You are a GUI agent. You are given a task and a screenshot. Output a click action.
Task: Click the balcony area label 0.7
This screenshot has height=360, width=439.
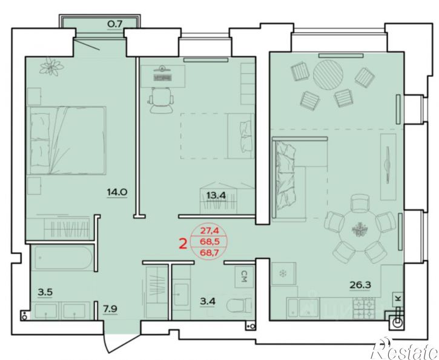point(115,24)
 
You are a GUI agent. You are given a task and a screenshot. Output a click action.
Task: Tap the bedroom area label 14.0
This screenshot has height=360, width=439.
point(117,192)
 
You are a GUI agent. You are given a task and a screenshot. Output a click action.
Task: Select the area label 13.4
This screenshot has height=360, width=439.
point(216,195)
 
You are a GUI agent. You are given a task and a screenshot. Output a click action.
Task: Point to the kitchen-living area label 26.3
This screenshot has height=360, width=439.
point(360,285)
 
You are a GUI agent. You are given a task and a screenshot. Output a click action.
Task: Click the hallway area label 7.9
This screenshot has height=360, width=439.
point(110,308)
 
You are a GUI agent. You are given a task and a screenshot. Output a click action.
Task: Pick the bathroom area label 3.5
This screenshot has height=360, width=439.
point(45,292)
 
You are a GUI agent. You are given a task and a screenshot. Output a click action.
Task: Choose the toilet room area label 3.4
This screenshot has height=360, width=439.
point(208,301)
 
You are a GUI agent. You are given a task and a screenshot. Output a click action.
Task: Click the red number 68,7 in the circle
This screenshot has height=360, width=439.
point(209,252)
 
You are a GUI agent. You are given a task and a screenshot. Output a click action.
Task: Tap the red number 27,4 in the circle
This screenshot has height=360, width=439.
point(209,231)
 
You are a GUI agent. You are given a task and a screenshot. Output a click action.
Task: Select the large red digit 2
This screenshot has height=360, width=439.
point(183,244)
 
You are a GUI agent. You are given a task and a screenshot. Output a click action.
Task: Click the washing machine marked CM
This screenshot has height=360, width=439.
point(244,276)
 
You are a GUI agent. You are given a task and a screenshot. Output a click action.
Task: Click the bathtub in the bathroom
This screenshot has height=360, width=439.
point(62,258)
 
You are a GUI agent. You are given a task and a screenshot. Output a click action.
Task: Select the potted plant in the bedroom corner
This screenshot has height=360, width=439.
point(51,67)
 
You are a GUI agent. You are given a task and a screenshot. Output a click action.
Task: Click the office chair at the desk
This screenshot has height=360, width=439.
point(161,100)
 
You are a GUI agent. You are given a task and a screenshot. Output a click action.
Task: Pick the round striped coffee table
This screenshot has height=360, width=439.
point(328,75)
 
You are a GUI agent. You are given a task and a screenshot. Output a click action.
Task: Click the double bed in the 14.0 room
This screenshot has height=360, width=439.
point(67,141)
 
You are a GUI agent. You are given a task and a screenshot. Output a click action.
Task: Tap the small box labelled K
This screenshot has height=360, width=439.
point(398,299)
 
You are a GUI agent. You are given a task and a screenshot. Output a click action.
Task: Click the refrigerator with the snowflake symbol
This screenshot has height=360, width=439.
point(283,273)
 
